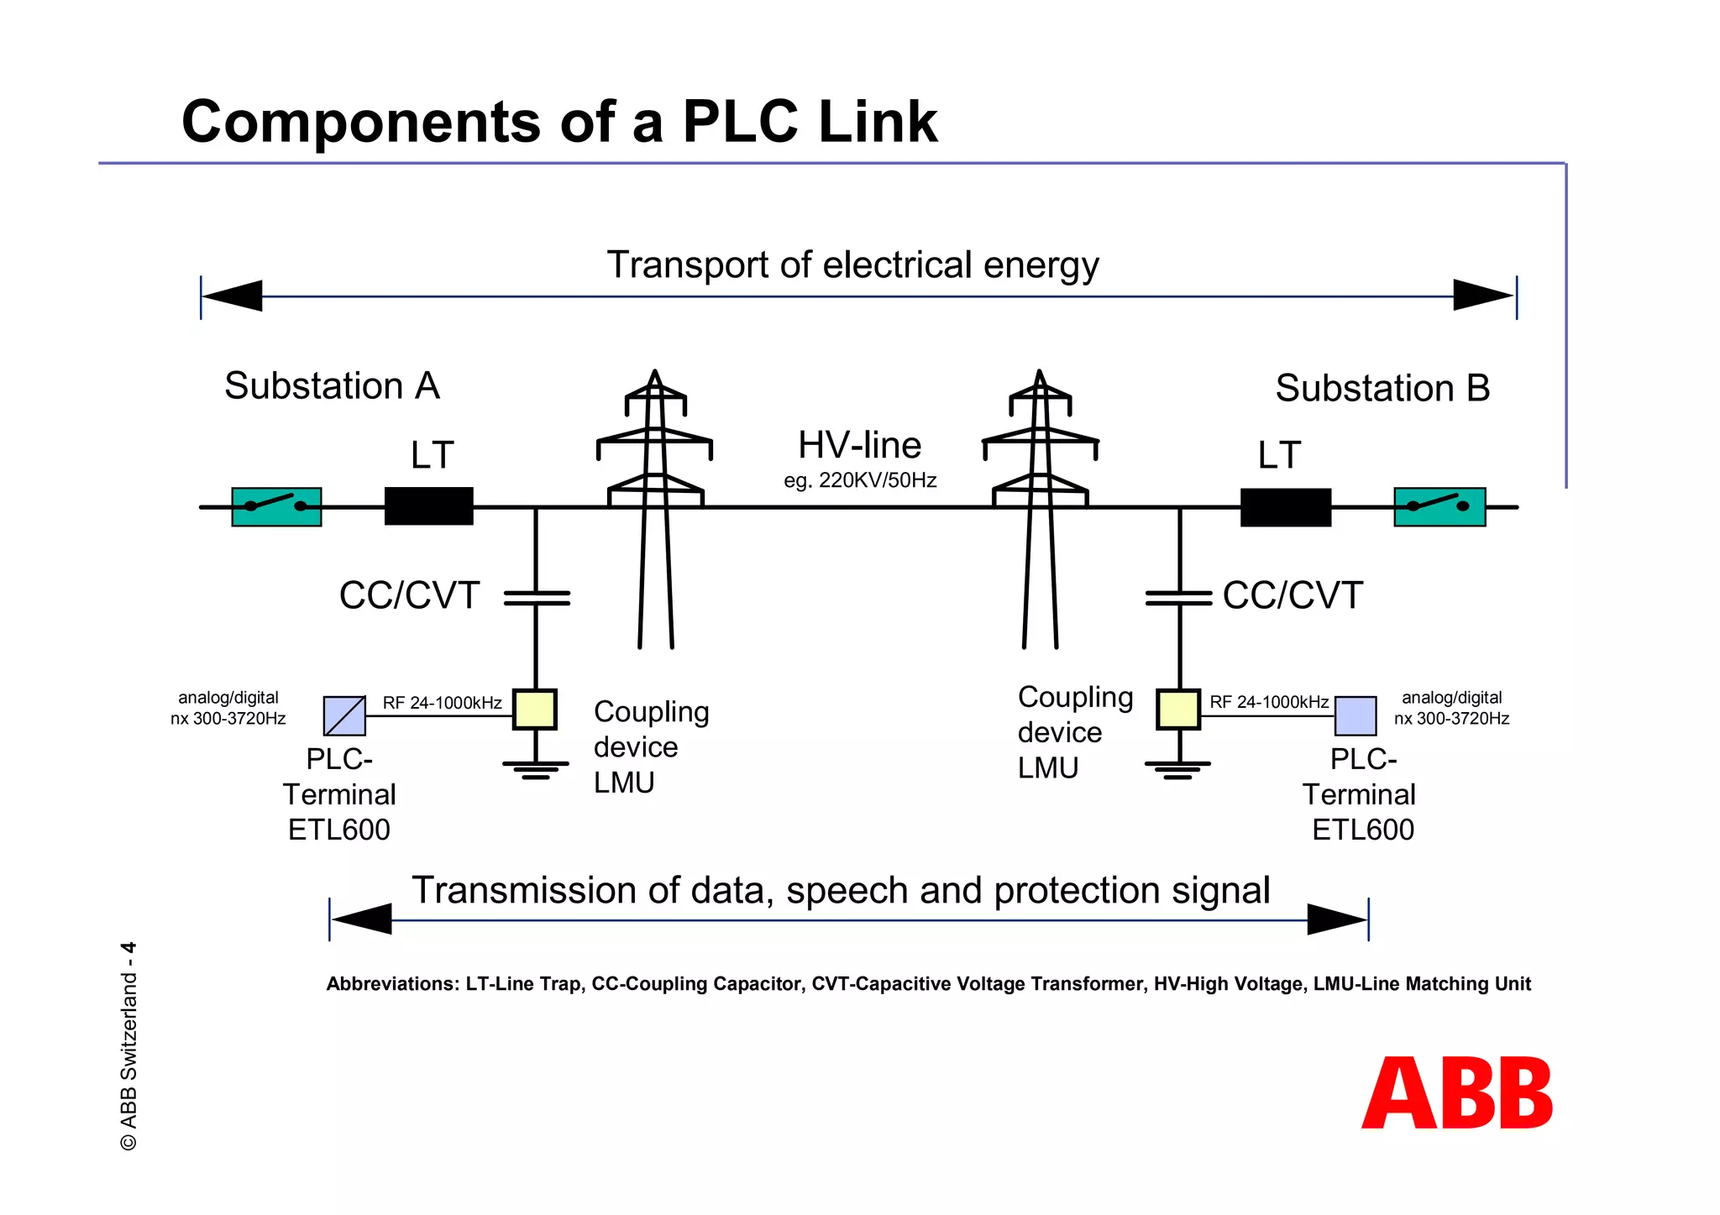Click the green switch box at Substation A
(x=276, y=507)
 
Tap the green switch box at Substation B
(x=1439, y=507)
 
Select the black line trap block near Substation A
(x=428, y=506)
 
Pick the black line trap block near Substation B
(x=1286, y=507)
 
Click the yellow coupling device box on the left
(x=535, y=710)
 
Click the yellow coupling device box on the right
(x=1178, y=710)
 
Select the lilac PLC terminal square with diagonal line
(x=344, y=716)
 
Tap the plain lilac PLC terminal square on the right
(x=1356, y=716)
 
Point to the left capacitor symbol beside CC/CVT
(x=537, y=598)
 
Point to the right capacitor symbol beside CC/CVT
(x=1179, y=598)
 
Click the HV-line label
(x=859, y=445)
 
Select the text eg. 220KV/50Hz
(x=860, y=481)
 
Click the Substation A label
(x=332, y=386)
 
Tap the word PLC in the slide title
(x=740, y=123)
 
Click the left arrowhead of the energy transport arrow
(x=233, y=296)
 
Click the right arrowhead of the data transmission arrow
(x=1337, y=919)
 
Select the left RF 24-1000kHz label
(x=442, y=703)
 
